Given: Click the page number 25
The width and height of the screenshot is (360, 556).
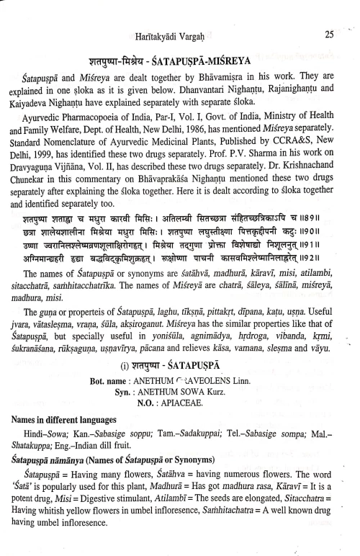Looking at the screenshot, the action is click(x=330, y=33).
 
